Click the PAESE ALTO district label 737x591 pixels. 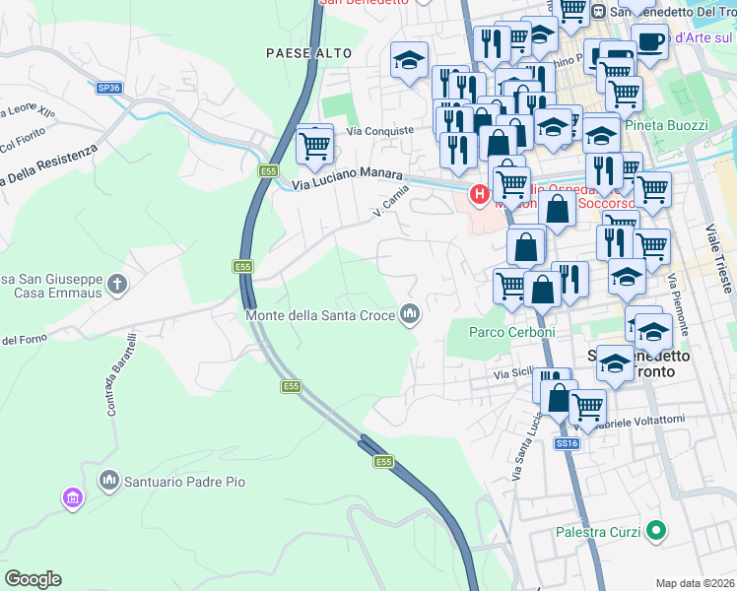(x=303, y=53)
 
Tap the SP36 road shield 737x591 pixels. (x=109, y=88)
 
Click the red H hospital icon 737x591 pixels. (x=480, y=194)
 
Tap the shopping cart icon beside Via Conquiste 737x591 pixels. (x=314, y=146)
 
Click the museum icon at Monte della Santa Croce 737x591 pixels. (x=410, y=315)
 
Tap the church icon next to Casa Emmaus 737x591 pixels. (x=117, y=286)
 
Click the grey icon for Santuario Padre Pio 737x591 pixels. (x=108, y=481)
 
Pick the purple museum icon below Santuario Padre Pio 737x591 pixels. (x=72, y=499)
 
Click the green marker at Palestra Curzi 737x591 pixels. (x=655, y=533)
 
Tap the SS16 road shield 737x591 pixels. (x=567, y=444)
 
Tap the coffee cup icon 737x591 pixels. (x=648, y=40)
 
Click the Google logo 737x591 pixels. (x=33, y=579)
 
